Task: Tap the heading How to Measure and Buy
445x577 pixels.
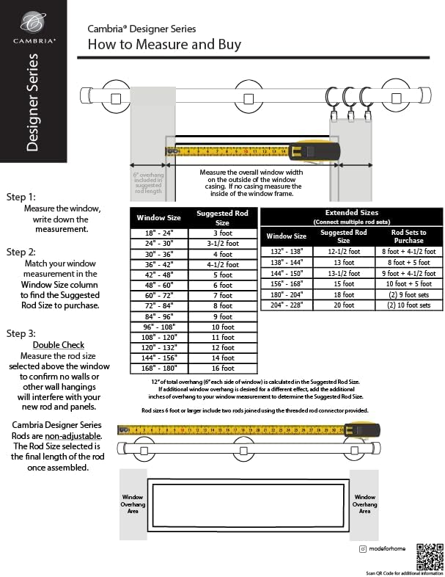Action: (164, 45)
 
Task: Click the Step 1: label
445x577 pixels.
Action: (21, 197)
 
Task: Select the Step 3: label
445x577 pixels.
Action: (21, 333)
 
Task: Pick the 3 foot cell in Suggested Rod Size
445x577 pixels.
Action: (223, 233)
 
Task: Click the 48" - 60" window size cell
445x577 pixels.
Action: (158, 285)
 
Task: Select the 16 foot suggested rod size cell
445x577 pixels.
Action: (223, 368)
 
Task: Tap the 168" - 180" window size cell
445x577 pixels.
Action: (158, 368)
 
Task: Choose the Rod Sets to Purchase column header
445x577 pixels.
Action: (408, 236)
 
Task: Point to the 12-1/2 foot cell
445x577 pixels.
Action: (344, 251)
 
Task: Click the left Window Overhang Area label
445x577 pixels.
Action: (133, 504)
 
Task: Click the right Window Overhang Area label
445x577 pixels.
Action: (364, 504)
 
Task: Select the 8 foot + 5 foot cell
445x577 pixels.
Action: (408, 262)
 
